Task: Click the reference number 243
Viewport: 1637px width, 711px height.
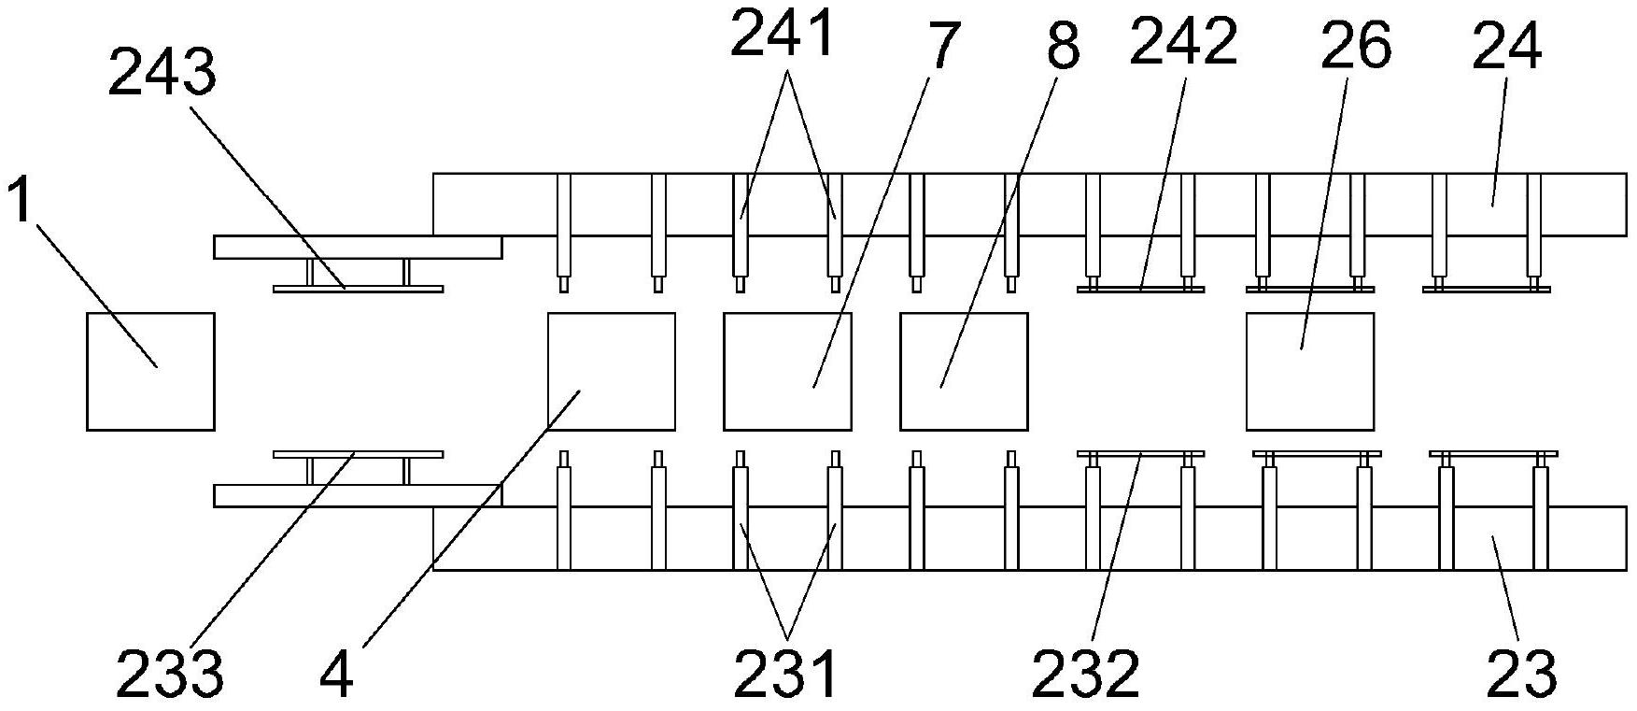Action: [x=162, y=75]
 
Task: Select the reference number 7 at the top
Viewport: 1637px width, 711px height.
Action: [x=940, y=49]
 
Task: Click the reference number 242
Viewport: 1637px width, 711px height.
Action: [x=1183, y=42]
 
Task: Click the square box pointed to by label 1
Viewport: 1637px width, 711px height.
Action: [x=150, y=372]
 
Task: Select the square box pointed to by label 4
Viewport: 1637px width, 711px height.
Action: [x=611, y=372]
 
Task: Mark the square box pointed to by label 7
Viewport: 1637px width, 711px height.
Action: [x=787, y=372]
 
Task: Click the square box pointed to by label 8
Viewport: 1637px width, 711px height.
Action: [x=964, y=372]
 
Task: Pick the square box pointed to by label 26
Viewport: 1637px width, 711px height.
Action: [x=1310, y=372]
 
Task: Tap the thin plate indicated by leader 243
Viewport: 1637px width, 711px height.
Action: [x=358, y=289]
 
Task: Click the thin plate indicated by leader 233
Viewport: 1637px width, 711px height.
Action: [x=358, y=455]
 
